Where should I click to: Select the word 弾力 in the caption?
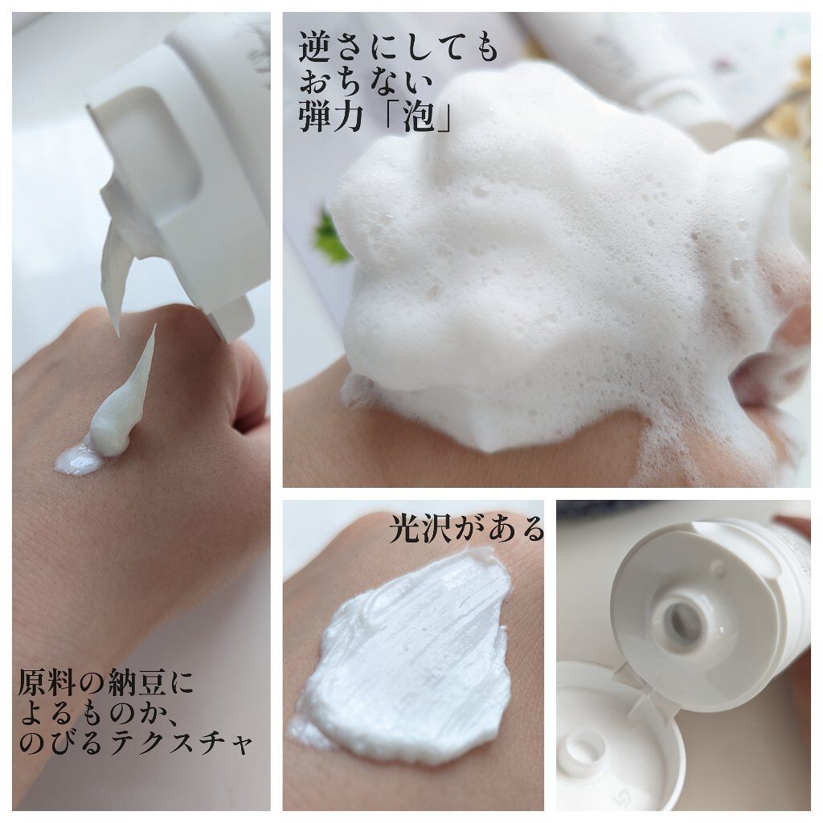click(x=333, y=118)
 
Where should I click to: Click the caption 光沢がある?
click(x=466, y=530)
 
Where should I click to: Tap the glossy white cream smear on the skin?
click(x=410, y=651)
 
